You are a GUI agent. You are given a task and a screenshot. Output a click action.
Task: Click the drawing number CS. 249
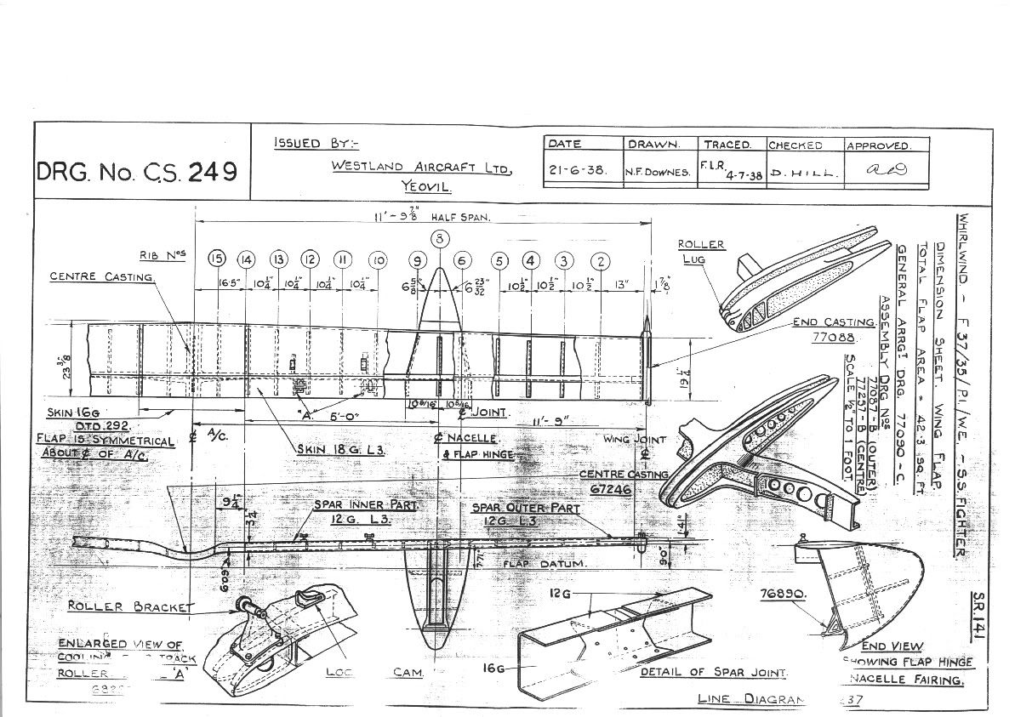pyautogui.click(x=136, y=173)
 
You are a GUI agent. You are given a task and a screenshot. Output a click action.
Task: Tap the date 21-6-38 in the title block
pyautogui.click(x=576, y=170)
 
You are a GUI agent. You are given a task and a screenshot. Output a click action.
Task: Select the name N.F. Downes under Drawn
pyautogui.click(x=657, y=171)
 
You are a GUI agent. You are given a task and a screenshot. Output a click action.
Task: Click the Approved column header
pyautogui.click(x=878, y=145)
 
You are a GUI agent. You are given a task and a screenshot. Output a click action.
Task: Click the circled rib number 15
pyautogui.click(x=217, y=259)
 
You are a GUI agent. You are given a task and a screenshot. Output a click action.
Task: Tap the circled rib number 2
pyautogui.click(x=602, y=260)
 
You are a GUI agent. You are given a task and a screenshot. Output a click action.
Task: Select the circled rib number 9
pyautogui.click(x=417, y=260)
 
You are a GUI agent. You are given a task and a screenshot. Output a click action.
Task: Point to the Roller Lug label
pyautogui.click(x=700, y=251)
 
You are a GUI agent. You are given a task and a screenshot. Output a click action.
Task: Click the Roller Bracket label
pyautogui.click(x=130, y=606)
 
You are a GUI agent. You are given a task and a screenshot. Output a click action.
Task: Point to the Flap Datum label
pyautogui.click(x=534, y=563)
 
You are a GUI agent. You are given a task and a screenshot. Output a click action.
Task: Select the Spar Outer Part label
pyautogui.click(x=525, y=509)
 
